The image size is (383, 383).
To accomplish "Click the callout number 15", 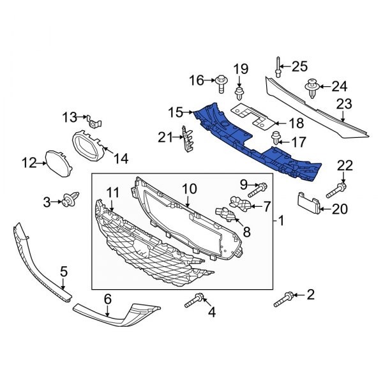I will (x=175, y=113).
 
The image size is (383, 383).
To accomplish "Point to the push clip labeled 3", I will (x=70, y=202).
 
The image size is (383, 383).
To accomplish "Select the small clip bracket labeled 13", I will (x=94, y=119).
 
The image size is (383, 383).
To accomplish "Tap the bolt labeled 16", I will (x=222, y=80).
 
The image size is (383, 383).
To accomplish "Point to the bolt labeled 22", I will (x=337, y=189).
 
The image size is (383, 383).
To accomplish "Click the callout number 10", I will (x=189, y=189).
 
